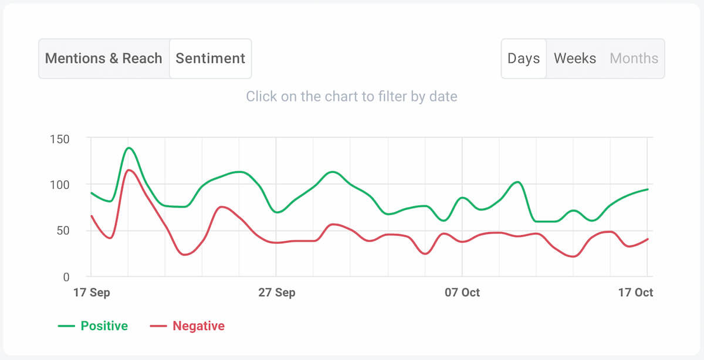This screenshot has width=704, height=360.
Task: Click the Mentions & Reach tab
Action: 103,59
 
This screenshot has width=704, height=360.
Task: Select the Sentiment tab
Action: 210,59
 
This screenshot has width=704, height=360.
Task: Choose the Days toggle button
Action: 523,59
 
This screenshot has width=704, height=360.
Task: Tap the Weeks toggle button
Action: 575,59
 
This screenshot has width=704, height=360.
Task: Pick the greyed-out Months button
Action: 634,59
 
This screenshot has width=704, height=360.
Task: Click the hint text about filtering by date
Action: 351,96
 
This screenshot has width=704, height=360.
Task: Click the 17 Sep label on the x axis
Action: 92,293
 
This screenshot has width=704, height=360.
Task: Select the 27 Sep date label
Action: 277,293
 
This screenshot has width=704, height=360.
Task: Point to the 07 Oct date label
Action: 462,293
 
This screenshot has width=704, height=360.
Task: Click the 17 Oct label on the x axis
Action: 636,293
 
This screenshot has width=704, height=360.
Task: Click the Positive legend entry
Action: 93,326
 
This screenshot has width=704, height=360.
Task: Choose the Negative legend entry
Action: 188,326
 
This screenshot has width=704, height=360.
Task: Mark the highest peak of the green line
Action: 128,148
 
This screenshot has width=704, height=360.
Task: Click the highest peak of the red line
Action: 128,170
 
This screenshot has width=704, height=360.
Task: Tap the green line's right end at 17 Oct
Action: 648,189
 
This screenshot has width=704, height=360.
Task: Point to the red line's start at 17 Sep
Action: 92,216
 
